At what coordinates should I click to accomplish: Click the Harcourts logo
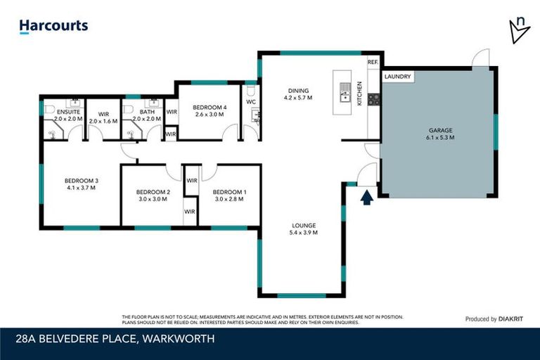click(x=53, y=26)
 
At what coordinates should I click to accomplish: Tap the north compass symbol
click(x=519, y=29)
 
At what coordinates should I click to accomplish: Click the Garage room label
click(x=440, y=130)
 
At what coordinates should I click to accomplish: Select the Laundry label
click(x=398, y=77)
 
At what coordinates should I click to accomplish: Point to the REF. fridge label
click(x=373, y=63)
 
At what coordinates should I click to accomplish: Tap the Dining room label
click(x=297, y=90)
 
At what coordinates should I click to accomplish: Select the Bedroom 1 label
click(x=229, y=192)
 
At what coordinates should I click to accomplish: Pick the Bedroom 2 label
click(x=153, y=192)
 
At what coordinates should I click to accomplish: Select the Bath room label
click(x=147, y=112)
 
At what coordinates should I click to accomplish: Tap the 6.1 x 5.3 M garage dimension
click(x=440, y=138)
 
